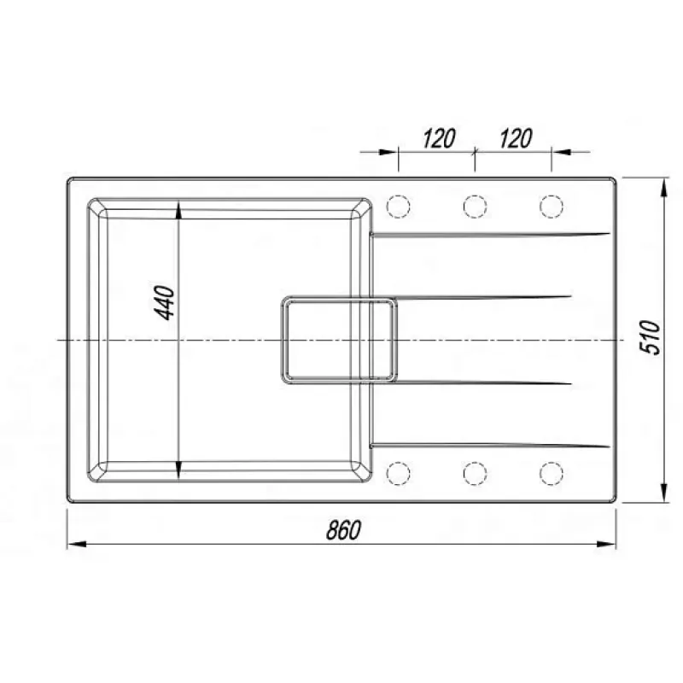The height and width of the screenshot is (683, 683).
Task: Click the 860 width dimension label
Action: (x=344, y=530)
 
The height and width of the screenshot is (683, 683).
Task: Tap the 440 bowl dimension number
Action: (x=165, y=303)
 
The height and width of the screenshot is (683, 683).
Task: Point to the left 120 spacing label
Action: (x=439, y=138)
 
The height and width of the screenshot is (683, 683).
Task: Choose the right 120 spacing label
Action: (x=516, y=138)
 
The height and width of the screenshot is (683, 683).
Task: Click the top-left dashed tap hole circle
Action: (x=399, y=206)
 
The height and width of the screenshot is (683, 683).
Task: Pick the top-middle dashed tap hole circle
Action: (x=475, y=206)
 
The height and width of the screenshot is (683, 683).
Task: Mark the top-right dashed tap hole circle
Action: (x=552, y=206)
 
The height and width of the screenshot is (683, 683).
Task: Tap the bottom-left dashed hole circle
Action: (x=399, y=473)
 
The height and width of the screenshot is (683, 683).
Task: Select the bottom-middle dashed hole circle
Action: (x=475, y=473)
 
